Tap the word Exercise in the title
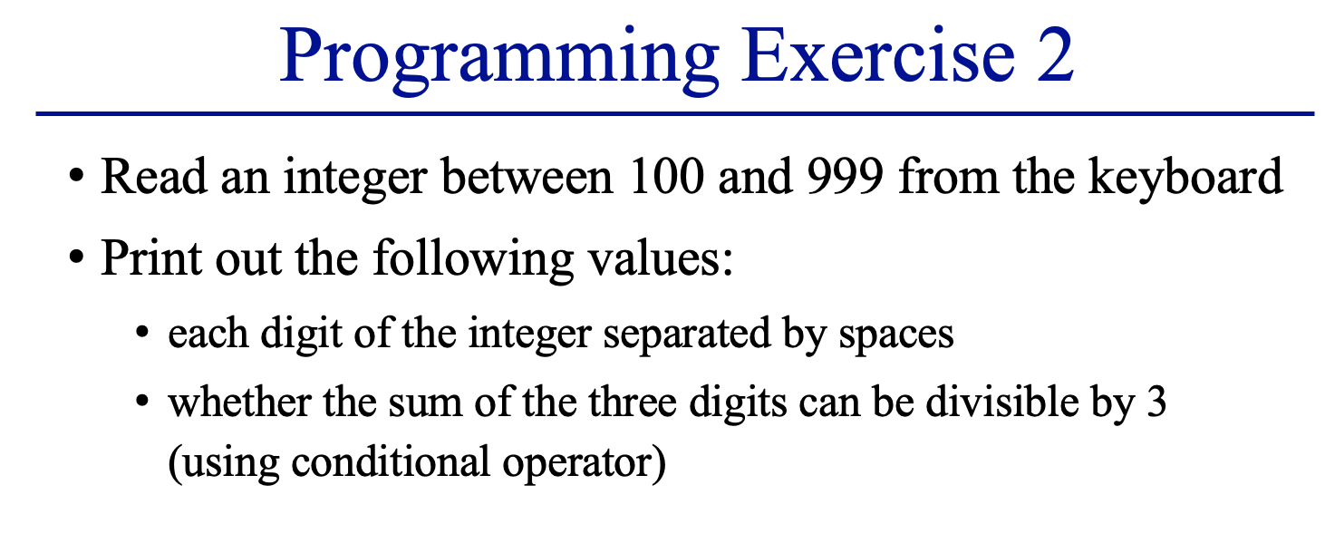pos(878,55)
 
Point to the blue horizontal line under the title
pos(674,113)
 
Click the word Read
pos(154,176)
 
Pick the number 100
pos(667,176)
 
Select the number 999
pos(846,176)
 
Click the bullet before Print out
pos(76,257)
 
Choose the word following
pos(473,259)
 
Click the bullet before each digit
pos(141,332)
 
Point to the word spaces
pos(896,336)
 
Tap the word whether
pos(239,403)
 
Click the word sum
pos(424,404)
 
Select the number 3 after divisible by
pos(1156,403)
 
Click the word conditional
pos(391,462)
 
